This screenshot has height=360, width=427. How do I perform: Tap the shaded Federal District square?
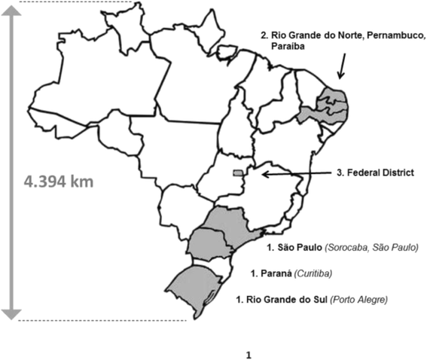pyautogui.click(x=238, y=173)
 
